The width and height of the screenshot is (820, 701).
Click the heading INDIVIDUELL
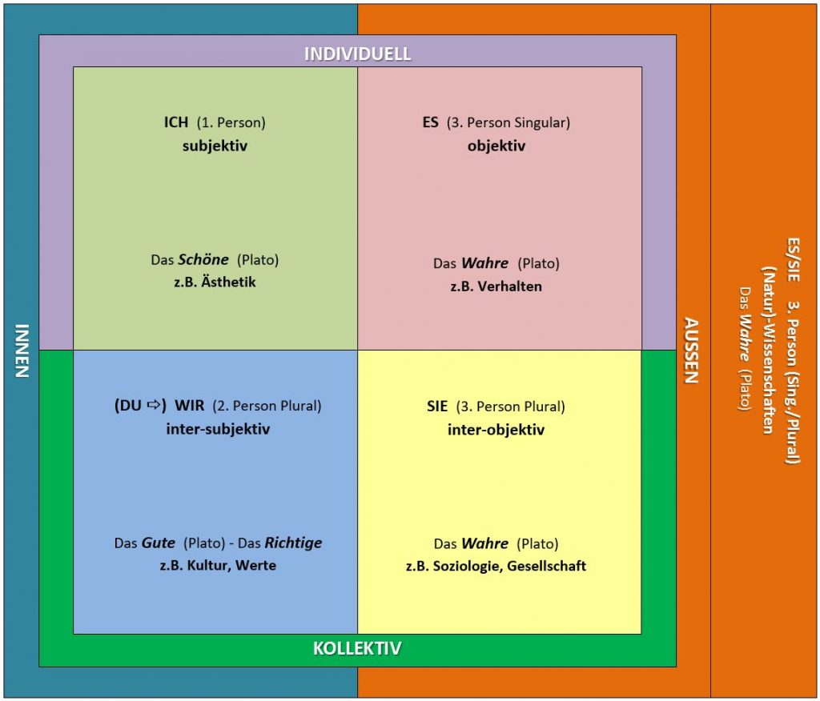point(357,54)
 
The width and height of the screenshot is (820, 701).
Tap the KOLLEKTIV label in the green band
point(357,648)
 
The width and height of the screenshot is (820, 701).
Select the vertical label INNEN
point(22,350)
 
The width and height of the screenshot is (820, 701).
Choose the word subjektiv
point(215,146)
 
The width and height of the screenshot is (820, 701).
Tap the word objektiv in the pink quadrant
point(496,146)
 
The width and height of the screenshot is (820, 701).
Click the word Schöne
point(203,260)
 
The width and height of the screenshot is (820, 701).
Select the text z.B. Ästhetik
point(215,282)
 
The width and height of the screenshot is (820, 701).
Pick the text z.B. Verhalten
point(496,286)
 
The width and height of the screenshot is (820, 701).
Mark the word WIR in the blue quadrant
point(190,406)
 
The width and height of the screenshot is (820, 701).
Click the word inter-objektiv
point(496,430)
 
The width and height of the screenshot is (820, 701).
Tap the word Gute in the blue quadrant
point(159,543)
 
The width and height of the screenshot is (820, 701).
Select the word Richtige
point(293,543)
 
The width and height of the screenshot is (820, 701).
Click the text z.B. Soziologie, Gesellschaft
point(496,566)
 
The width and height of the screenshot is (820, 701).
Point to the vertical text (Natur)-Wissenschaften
point(770,350)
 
